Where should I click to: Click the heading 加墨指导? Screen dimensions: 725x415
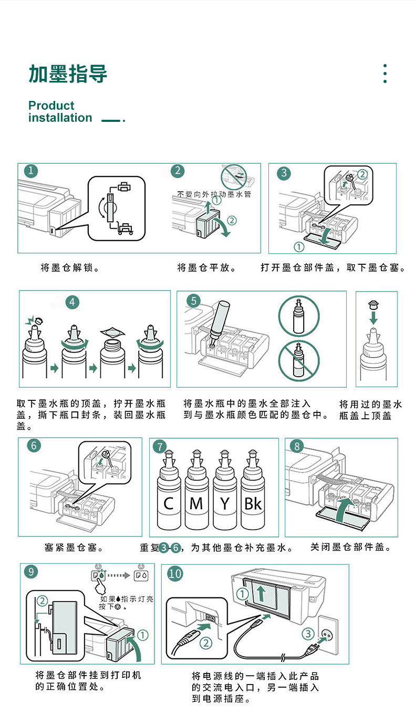coord(68,74)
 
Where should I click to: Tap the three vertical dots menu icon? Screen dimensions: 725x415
coord(385,74)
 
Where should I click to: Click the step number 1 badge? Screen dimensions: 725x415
coord(31,171)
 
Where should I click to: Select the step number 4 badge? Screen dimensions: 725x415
coord(72,302)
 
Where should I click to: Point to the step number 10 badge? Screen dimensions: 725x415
coord(175,573)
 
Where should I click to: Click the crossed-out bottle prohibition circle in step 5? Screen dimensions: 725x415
coord(298,361)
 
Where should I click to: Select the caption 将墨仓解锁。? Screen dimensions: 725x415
coord(70,268)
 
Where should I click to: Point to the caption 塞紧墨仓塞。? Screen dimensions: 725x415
coord(74,548)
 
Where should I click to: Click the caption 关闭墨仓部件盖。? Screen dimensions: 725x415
coord(351,547)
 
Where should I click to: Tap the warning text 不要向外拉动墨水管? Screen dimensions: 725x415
coord(214,194)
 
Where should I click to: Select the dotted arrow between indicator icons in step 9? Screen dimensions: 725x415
coord(122,575)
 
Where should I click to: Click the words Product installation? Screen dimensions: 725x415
coord(60,111)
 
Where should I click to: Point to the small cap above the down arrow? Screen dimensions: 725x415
coord(373,304)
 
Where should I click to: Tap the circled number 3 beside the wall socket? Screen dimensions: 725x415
coord(308,634)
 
